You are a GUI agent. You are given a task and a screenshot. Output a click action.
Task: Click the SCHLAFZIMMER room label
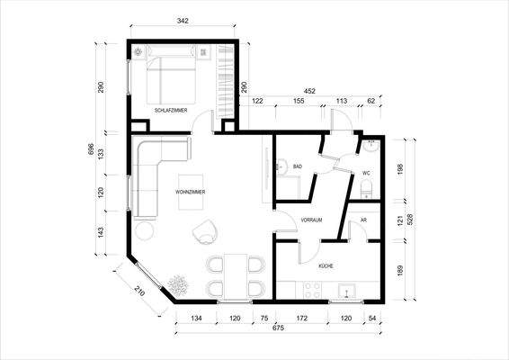170,111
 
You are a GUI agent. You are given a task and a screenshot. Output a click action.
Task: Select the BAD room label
298,167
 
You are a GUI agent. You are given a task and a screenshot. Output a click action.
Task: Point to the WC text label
367,173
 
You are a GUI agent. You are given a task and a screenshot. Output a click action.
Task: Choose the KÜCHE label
326,266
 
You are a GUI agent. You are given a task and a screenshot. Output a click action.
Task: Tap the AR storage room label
363,220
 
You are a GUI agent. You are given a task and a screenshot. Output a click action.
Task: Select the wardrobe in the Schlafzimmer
226,81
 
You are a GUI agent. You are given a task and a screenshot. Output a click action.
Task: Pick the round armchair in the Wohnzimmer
206,232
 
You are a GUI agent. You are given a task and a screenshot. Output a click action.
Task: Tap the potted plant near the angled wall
179,284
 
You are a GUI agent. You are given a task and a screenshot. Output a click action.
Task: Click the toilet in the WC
367,189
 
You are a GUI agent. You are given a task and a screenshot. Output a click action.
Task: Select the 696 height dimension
89,149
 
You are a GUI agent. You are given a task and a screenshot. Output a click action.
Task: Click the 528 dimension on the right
413,220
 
